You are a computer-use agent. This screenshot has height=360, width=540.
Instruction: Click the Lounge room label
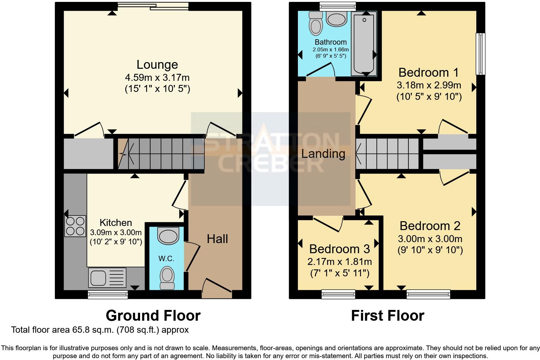[157, 65]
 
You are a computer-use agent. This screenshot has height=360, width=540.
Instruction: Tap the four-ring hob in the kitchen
[75, 226]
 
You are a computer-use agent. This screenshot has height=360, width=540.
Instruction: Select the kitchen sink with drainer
[107, 277]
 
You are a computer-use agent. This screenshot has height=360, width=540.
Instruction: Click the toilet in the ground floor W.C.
[167, 278]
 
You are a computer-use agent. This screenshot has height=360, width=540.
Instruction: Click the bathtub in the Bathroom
[364, 43]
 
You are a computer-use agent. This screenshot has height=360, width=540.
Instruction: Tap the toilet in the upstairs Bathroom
[315, 23]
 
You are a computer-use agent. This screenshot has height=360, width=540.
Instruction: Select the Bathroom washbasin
[336, 20]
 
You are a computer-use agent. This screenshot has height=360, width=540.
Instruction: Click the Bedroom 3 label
[339, 249]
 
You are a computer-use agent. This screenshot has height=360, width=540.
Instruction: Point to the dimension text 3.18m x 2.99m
[429, 85]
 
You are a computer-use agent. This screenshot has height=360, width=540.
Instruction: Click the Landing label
[323, 154]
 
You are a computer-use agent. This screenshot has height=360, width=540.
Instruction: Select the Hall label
[217, 239]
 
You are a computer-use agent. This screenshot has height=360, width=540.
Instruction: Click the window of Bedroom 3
[338, 294]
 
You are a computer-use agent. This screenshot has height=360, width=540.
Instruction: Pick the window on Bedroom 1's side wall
[481, 54]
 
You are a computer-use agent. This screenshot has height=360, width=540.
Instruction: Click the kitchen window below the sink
[108, 295]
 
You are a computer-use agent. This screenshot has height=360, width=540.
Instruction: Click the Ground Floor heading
[153, 316]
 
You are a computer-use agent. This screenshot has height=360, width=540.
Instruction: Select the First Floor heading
[388, 316]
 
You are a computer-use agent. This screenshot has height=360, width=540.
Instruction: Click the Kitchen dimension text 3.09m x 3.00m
[116, 232]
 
